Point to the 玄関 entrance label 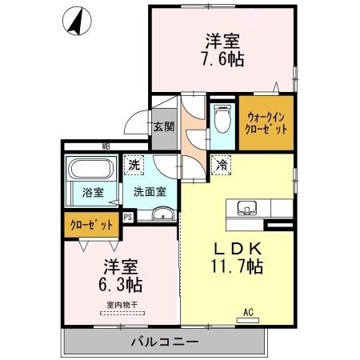(164, 126)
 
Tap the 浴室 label (93, 192)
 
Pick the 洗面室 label (150, 192)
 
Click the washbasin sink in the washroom (163, 214)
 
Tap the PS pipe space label (129, 215)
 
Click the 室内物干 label (121, 304)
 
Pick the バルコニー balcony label (164, 342)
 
